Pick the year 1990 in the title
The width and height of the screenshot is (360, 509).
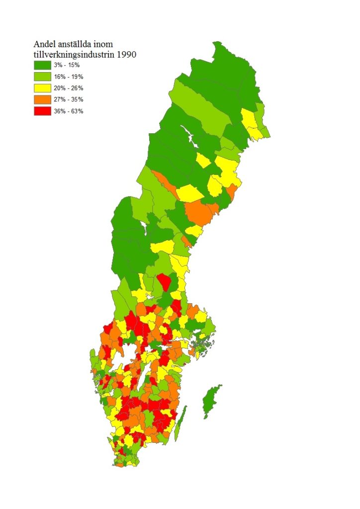point(125,54)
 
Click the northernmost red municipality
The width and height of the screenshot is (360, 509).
point(165,283)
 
